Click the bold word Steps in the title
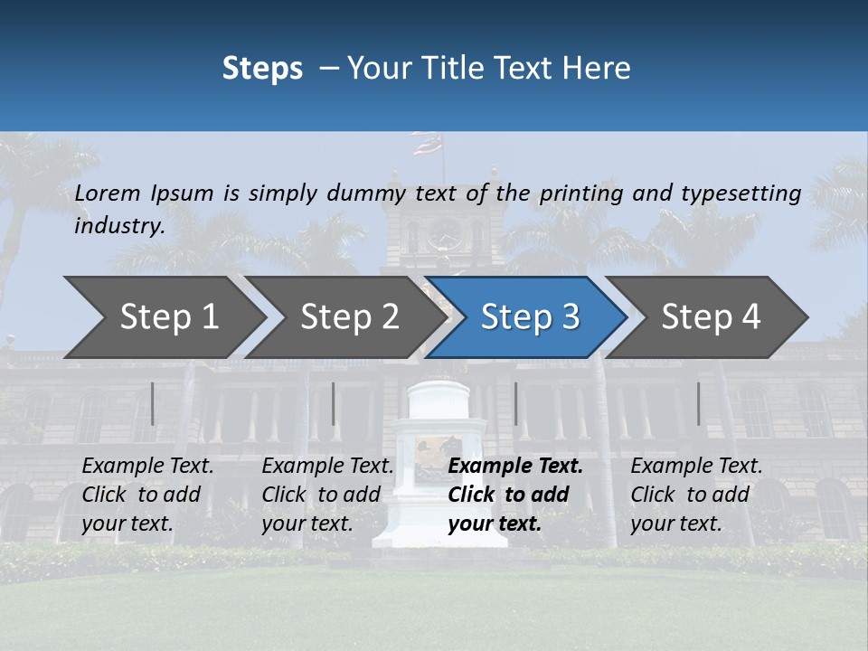[262, 68]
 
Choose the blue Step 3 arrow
[529, 316]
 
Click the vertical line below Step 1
[153, 403]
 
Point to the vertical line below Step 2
[334, 403]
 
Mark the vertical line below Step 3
[515, 403]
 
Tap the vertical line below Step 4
[698, 403]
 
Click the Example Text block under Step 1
[147, 495]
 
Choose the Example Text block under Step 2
[327, 495]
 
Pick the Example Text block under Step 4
[696, 495]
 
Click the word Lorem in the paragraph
[108, 193]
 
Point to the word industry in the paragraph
[119, 225]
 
